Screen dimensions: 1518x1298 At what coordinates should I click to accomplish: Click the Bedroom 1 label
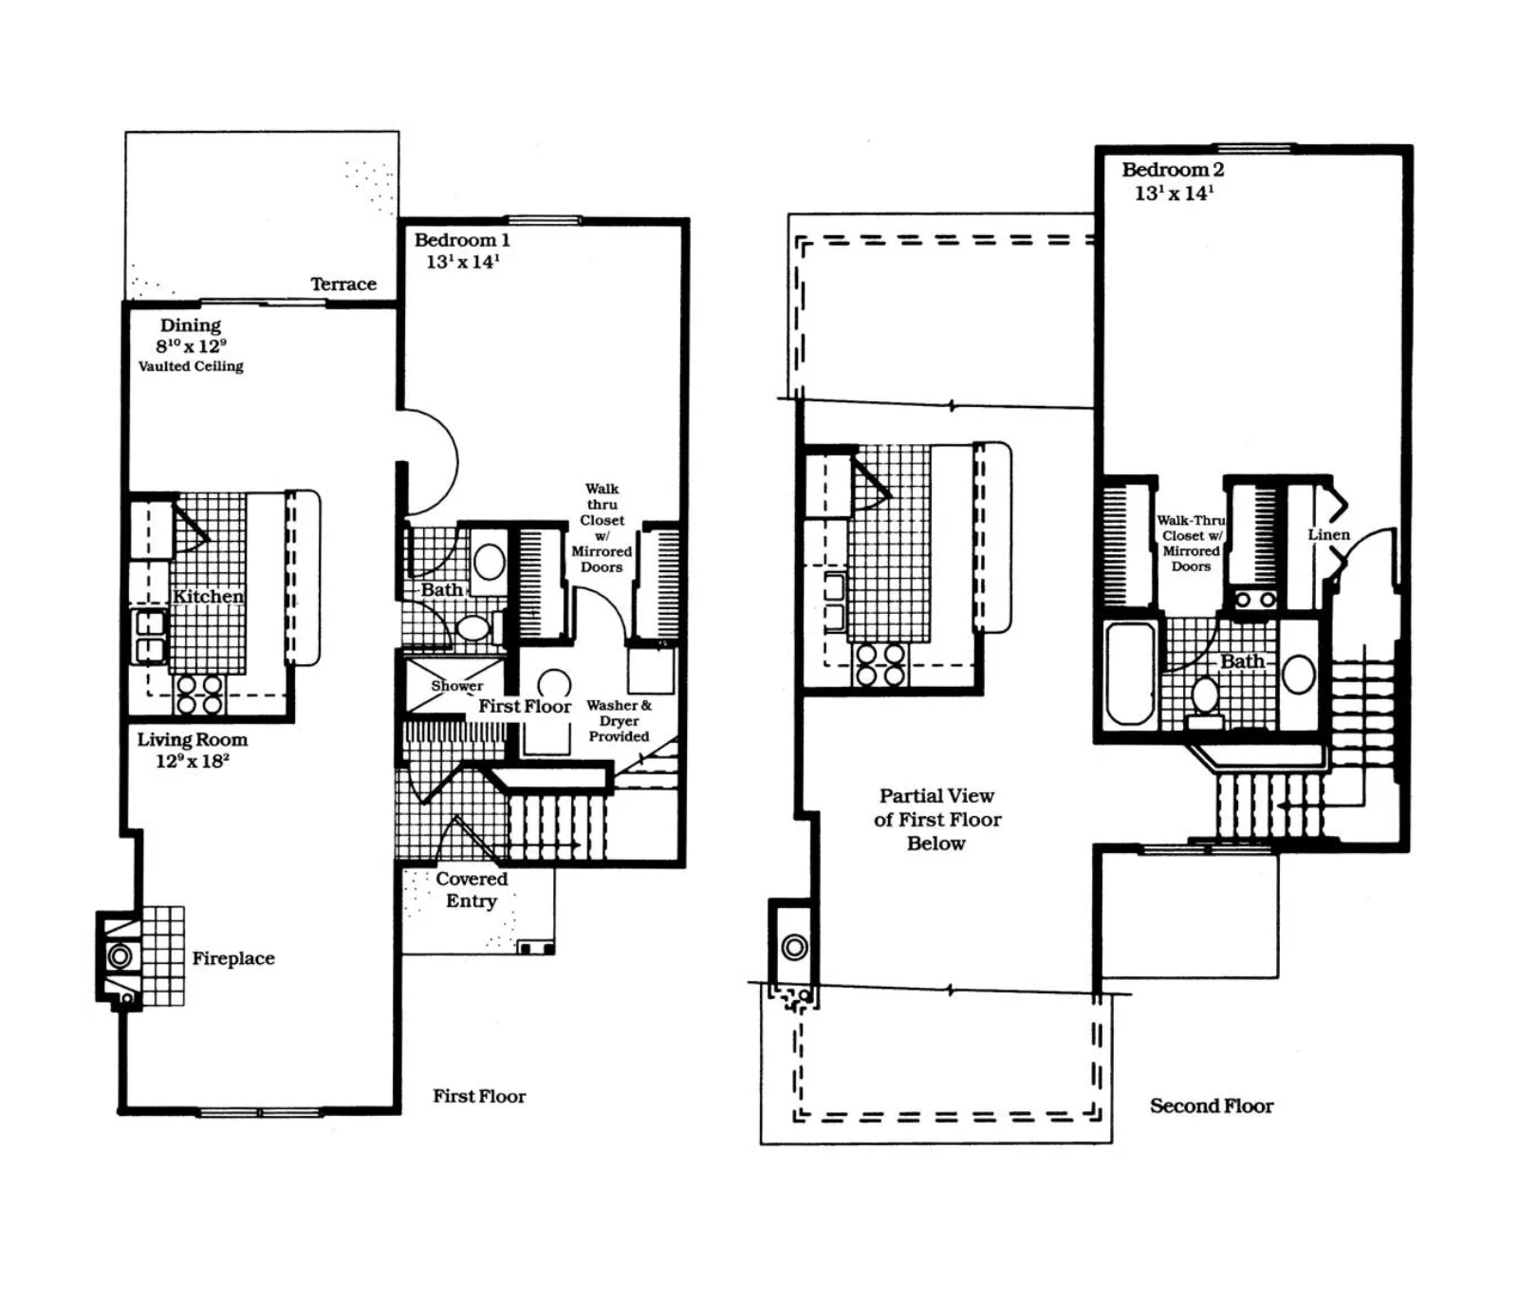click(x=462, y=240)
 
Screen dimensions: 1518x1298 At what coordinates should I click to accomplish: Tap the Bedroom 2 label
click(x=1173, y=170)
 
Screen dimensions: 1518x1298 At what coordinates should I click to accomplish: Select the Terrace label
click(x=343, y=284)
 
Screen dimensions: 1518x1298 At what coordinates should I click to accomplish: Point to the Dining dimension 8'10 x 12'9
click(x=192, y=345)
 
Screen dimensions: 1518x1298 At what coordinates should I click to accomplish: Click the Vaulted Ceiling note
click(x=191, y=366)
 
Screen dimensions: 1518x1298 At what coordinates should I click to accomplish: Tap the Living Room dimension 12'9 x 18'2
click(x=193, y=761)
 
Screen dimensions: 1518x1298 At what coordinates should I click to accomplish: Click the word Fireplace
click(x=233, y=958)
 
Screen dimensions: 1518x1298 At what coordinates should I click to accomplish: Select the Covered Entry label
click(x=472, y=890)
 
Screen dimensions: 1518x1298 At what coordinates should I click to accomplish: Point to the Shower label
click(x=457, y=685)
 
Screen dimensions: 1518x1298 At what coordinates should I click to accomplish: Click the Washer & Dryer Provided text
click(x=619, y=720)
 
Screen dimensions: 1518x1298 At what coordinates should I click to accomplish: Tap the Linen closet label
click(x=1328, y=534)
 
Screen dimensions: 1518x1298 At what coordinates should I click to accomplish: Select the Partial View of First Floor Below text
click(x=936, y=820)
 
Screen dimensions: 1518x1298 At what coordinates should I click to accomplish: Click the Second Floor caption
click(x=1212, y=1105)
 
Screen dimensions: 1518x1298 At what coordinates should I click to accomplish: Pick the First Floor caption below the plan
click(x=479, y=1096)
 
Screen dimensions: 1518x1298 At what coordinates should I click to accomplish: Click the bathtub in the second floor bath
click(x=1131, y=673)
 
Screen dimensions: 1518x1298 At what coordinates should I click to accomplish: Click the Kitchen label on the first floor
click(x=208, y=596)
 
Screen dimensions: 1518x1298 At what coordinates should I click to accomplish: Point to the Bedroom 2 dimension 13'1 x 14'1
click(x=1174, y=194)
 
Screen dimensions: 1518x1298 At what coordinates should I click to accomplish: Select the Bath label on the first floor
click(x=441, y=589)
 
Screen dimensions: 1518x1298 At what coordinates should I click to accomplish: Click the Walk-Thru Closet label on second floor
click(x=1191, y=543)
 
